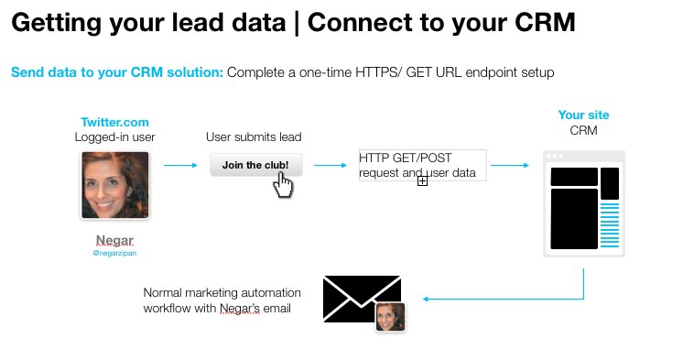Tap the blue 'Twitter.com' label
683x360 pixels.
pyautogui.click(x=114, y=122)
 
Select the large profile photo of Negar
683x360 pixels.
pyautogui.click(x=114, y=185)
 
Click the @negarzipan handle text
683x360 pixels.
pyautogui.click(x=114, y=254)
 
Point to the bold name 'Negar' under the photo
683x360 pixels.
pyautogui.click(x=114, y=241)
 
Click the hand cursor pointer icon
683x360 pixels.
pyautogui.click(x=284, y=184)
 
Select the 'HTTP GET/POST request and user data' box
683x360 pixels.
pyautogui.click(x=421, y=165)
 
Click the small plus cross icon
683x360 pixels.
pyautogui.click(x=423, y=181)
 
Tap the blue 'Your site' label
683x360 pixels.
pyautogui.click(x=583, y=115)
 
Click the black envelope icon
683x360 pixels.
pyautogui.click(x=362, y=300)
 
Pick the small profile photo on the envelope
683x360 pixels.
pyautogui.click(x=391, y=316)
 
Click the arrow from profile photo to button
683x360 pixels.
pyautogui.click(x=180, y=166)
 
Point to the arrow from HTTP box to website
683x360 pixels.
pyautogui.click(x=510, y=166)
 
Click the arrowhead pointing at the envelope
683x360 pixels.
pyautogui.click(x=427, y=299)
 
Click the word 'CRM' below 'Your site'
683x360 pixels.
pyautogui.click(x=583, y=131)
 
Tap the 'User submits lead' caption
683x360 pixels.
pyautogui.click(x=254, y=137)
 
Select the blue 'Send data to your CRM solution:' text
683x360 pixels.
pyautogui.click(x=117, y=71)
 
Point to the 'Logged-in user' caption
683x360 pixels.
pyautogui.click(x=114, y=137)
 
